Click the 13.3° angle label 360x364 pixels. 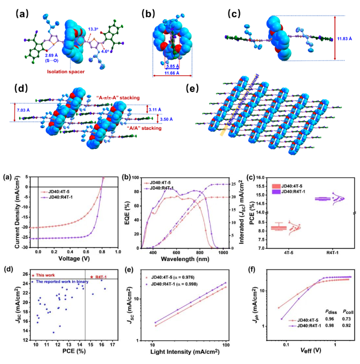pos(93,29)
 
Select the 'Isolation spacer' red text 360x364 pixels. pos(66,71)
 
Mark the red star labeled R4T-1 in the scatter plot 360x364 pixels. pos(92,277)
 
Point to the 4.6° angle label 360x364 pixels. pos(105,52)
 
